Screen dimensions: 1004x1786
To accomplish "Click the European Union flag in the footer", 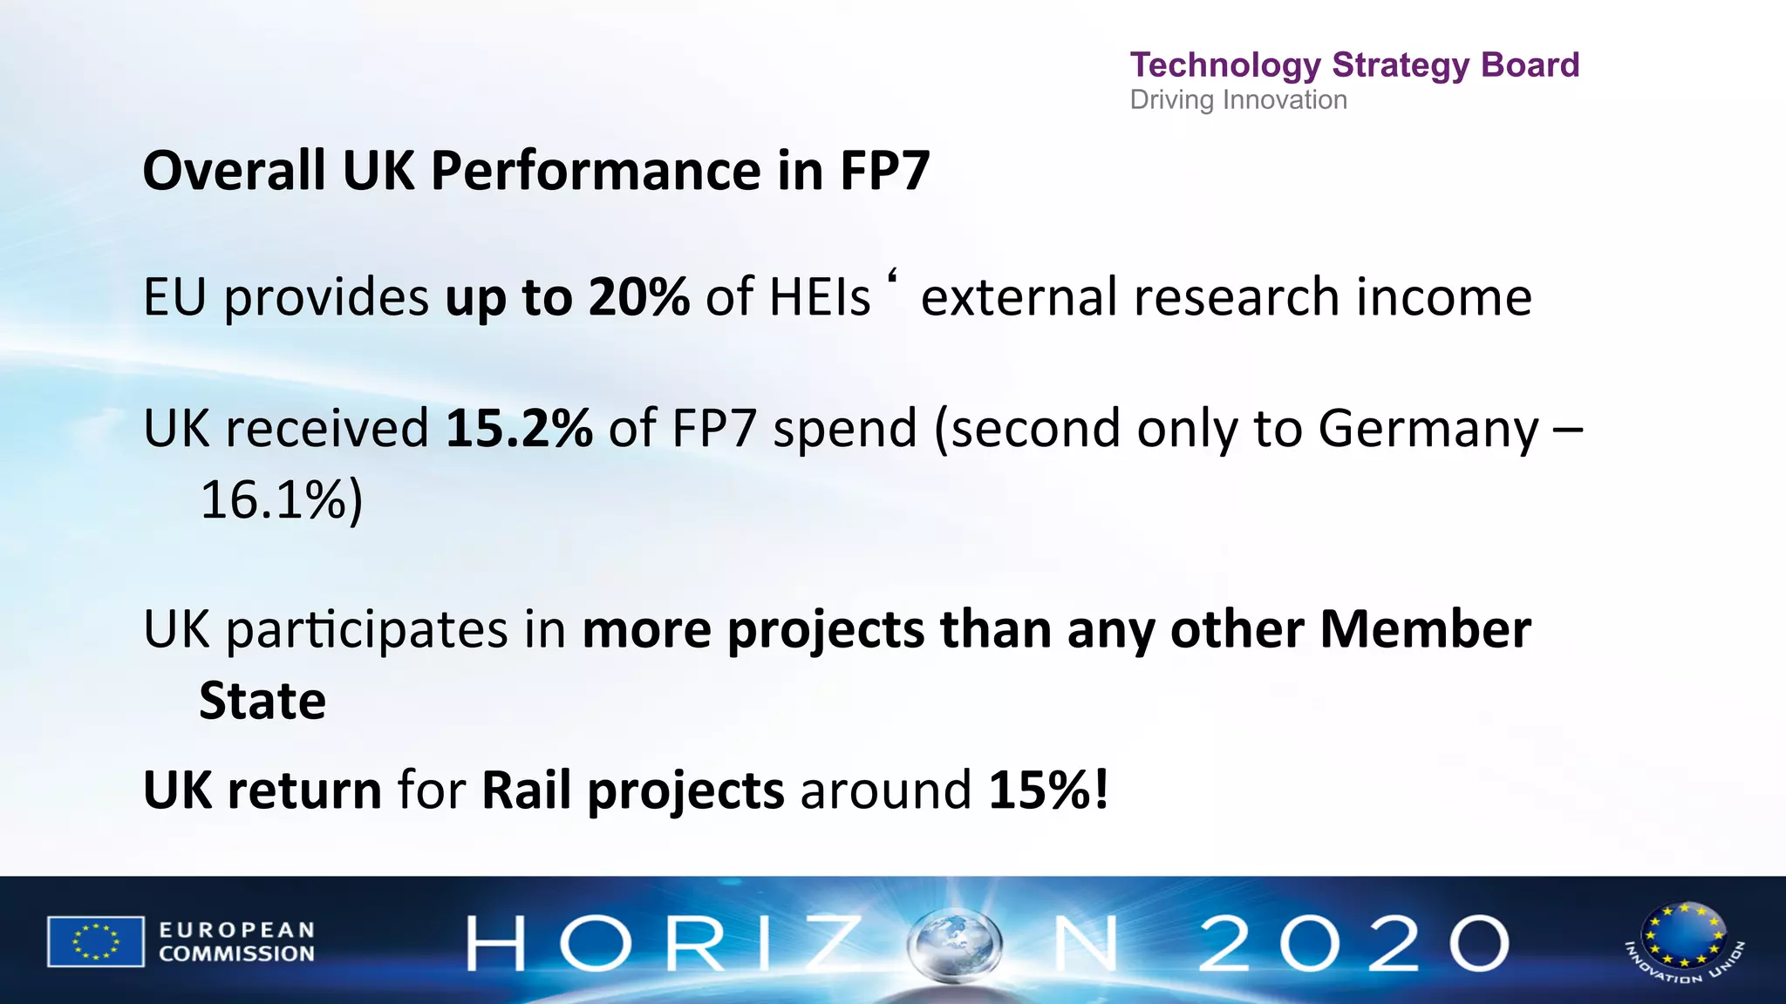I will pyautogui.click(x=95, y=941).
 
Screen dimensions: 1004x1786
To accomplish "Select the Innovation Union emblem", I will pyautogui.click(x=1684, y=941).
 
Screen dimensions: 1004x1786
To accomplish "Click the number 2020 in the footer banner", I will pyautogui.click(x=1353, y=943).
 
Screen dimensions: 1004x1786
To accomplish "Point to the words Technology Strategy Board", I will pyautogui.click(x=1354, y=65).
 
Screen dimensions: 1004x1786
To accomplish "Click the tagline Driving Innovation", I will pyautogui.click(x=1238, y=100).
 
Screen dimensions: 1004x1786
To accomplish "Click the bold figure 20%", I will pyautogui.click(x=638, y=297).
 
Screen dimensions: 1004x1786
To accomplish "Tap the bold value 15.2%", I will pyautogui.click(x=519, y=429).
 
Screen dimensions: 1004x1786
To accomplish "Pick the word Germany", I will pyautogui.click(x=1428, y=430).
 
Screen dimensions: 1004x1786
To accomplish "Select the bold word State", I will pyautogui.click(x=262, y=701).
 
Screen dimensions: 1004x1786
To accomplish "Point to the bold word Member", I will pyautogui.click(x=1425, y=629).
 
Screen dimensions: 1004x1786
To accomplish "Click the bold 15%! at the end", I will pyautogui.click(x=1049, y=790).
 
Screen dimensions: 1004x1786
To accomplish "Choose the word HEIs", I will pyautogui.click(x=820, y=297).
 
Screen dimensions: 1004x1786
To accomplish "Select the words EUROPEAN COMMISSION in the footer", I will pyautogui.click(x=236, y=942).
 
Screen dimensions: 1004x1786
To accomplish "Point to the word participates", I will pyautogui.click(x=367, y=630).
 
